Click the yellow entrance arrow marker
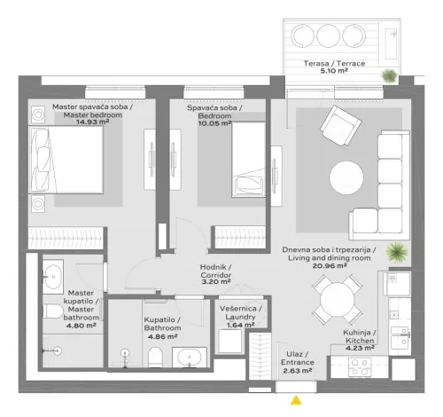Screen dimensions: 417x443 [x=295, y=401]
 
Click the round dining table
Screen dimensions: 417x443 [x=338, y=299]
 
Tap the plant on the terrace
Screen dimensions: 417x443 [x=389, y=76]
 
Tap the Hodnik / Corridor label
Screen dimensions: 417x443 [x=215, y=271]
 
